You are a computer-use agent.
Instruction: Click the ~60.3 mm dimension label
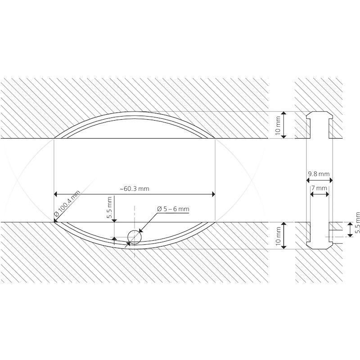click(x=134, y=189)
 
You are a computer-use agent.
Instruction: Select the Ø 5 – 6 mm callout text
click(x=173, y=209)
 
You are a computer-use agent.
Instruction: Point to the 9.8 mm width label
click(x=319, y=174)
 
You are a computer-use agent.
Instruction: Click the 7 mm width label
click(x=319, y=188)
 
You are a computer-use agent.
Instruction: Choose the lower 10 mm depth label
click(x=278, y=236)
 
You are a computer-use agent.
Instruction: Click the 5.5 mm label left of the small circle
click(x=109, y=207)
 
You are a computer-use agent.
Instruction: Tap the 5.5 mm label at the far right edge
click(x=357, y=223)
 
